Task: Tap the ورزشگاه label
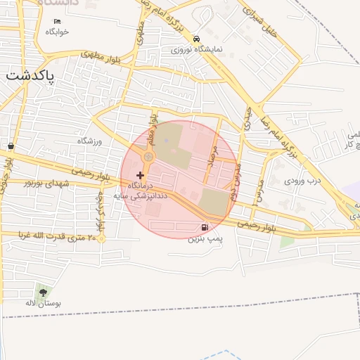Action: [x=89, y=141]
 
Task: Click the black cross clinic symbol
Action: [x=141, y=174]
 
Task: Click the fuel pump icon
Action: [x=205, y=227]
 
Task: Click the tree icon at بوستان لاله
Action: [x=44, y=292]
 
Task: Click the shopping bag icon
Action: [x=12, y=146]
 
